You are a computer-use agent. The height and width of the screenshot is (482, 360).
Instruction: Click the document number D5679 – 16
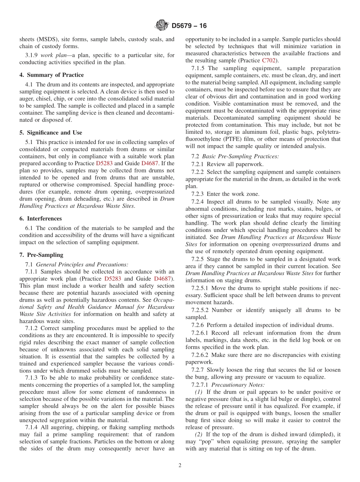pos(189,26)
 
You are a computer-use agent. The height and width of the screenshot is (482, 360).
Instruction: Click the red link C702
pos(269,61)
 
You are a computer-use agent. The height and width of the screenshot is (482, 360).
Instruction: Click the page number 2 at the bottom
pos(180,466)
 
